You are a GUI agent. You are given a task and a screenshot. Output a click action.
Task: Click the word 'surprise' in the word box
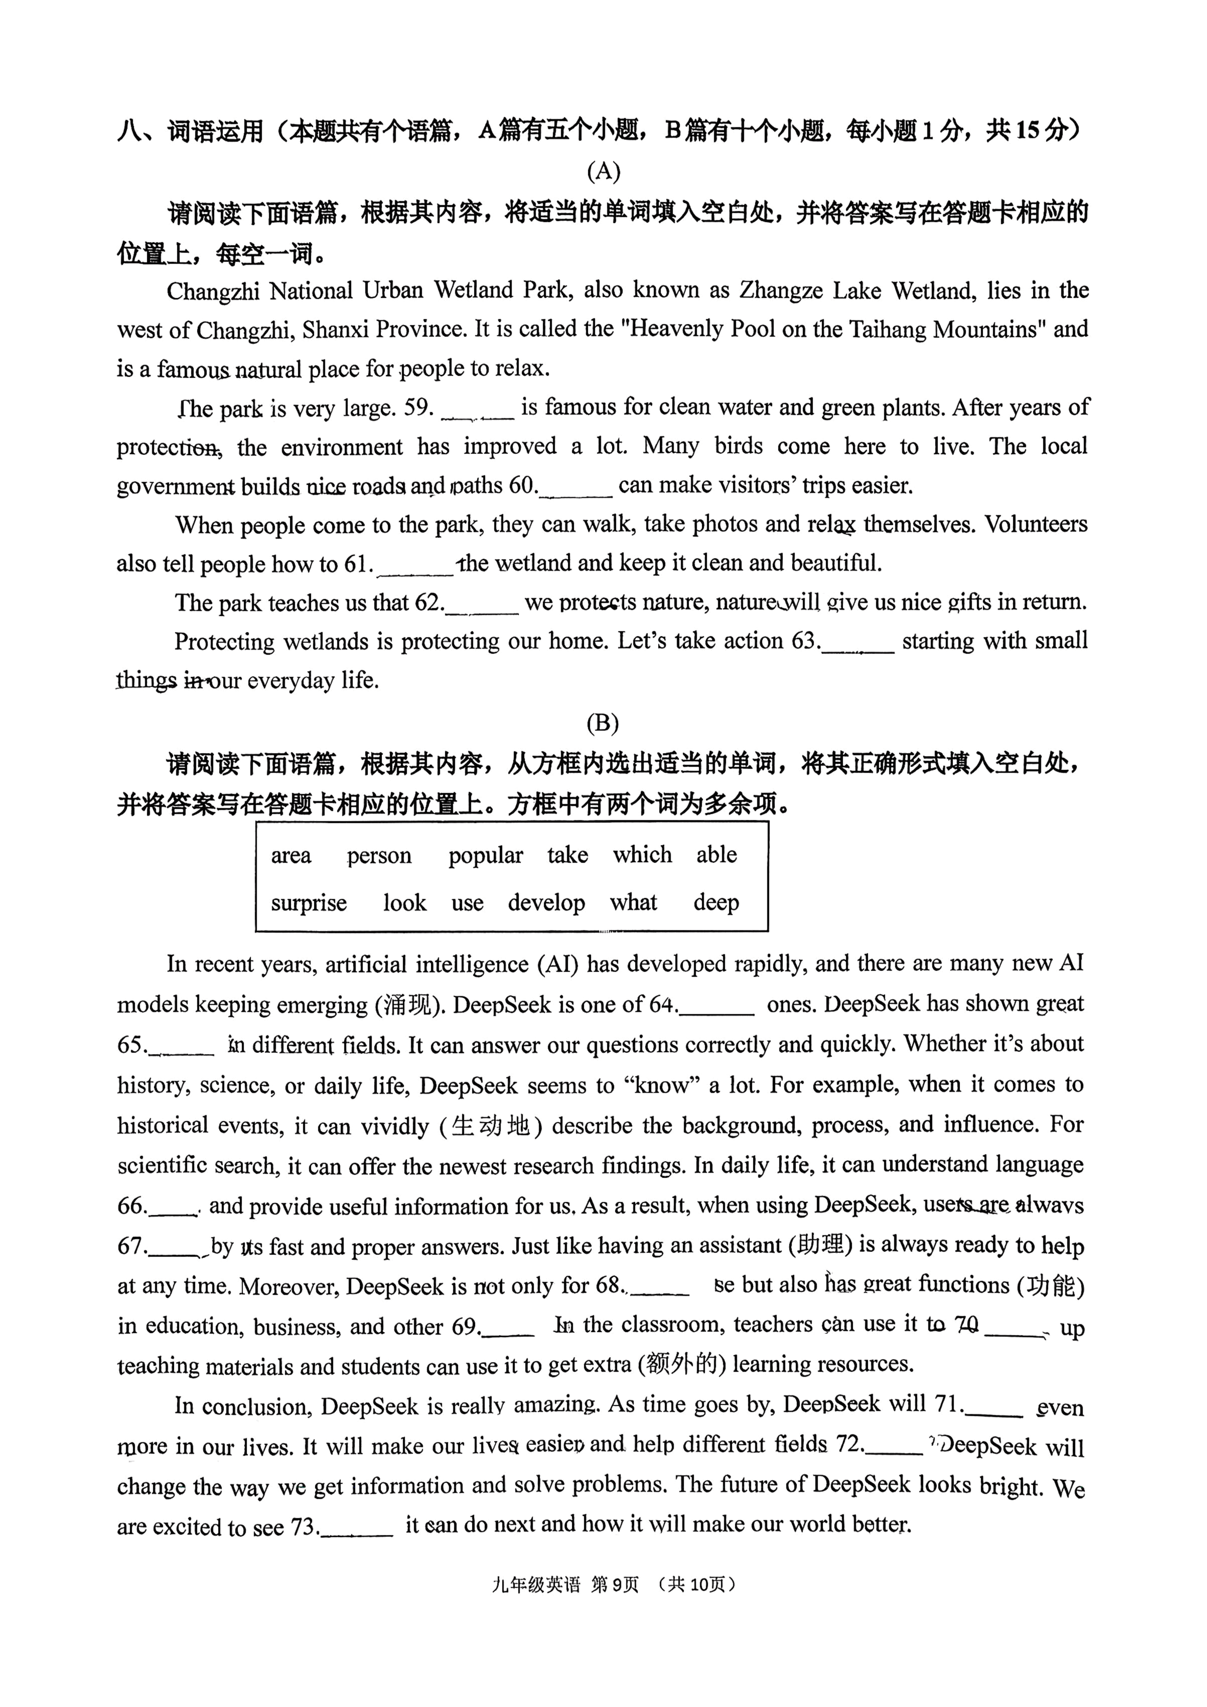pyautogui.click(x=308, y=903)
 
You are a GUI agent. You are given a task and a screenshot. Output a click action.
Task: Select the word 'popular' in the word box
pyautogui.click(x=485, y=856)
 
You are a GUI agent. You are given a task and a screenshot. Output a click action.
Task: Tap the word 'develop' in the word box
pyautogui.click(x=546, y=903)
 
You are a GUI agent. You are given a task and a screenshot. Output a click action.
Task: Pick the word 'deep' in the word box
pyautogui.click(x=716, y=903)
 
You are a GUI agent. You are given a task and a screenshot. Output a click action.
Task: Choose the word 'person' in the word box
pyautogui.click(x=379, y=856)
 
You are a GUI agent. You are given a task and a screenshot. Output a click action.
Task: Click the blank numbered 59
pyautogui.click(x=478, y=411)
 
